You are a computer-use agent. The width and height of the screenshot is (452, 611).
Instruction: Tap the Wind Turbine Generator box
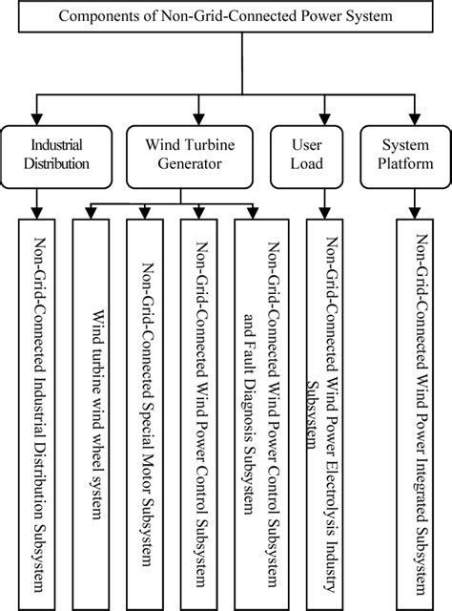pos(183,155)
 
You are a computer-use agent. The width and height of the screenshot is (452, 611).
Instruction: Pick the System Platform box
pos(407,155)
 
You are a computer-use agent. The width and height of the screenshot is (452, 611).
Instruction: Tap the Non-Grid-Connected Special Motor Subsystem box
pos(147,411)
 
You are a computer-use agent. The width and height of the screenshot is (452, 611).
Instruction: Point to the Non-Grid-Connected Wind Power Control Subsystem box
pos(201,411)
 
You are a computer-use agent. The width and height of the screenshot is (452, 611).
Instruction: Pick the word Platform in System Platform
pos(407,164)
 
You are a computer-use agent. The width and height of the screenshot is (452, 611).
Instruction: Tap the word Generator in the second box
pos(183,164)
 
